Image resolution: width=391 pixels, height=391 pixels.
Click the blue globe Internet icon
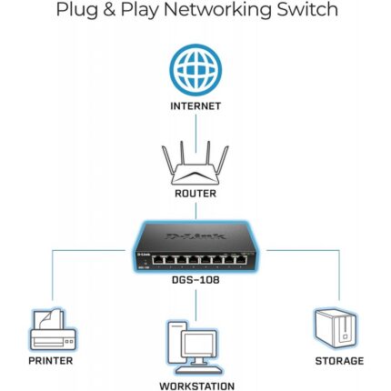[x=195, y=70]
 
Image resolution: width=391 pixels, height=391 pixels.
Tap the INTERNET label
[x=195, y=106]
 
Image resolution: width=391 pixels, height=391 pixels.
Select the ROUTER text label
[x=195, y=194]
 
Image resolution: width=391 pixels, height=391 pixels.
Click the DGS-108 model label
[x=195, y=280]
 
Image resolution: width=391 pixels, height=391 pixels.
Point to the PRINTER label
[x=51, y=361]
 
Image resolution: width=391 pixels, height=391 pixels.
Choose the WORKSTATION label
[x=197, y=386]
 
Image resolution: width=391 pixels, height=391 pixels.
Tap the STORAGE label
[x=339, y=361]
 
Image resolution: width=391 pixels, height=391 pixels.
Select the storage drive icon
[x=336, y=328]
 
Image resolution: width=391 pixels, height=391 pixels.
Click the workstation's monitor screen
[x=199, y=343]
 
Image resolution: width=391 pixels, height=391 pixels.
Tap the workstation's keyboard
[x=199, y=369]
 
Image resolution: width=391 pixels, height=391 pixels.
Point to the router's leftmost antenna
[x=168, y=161]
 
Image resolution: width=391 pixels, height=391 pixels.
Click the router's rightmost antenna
[x=223, y=161]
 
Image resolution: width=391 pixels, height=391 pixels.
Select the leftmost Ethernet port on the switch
[x=157, y=260]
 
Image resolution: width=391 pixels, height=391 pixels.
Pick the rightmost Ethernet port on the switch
[x=241, y=260]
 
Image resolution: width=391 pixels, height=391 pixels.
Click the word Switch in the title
[x=307, y=9]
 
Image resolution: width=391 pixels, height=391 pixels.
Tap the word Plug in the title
[x=77, y=11]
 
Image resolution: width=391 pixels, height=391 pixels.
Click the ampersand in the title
[x=109, y=9]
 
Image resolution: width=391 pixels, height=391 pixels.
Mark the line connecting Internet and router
[x=195, y=134]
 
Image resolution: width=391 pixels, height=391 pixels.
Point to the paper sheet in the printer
[x=51, y=319]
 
